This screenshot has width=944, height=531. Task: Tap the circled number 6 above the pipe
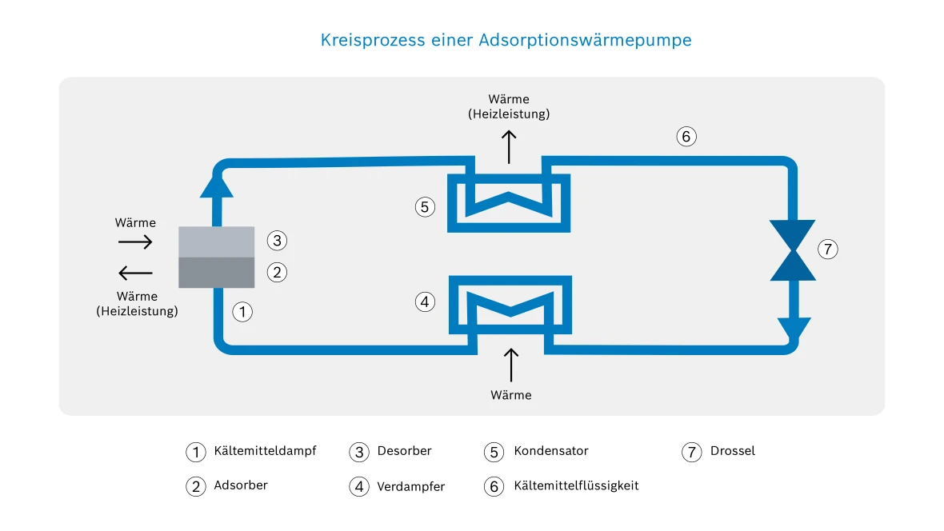tap(685, 137)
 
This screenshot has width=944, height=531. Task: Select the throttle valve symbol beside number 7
tap(793, 250)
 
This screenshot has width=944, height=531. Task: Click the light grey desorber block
tap(216, 242)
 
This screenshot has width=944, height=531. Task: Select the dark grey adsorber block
tap(216, 272)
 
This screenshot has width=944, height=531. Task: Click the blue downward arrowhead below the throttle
tap(793, 329)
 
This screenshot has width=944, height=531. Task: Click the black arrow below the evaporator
tap(510, 365)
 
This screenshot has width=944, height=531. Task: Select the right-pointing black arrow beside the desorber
tap(135, 242)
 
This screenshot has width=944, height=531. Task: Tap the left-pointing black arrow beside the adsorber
tap(135, 273)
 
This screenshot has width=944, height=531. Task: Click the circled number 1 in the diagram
tap(242, 312)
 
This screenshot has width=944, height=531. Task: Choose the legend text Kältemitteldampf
tap(265, 451)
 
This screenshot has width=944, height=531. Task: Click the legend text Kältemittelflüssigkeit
tap(576, 485)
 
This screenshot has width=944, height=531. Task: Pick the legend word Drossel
tap(732, 451)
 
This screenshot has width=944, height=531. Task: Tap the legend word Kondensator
tap(550, 451)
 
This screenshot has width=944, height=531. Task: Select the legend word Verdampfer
tap(410, 486)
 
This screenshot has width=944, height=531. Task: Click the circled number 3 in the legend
tap(359, 452)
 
